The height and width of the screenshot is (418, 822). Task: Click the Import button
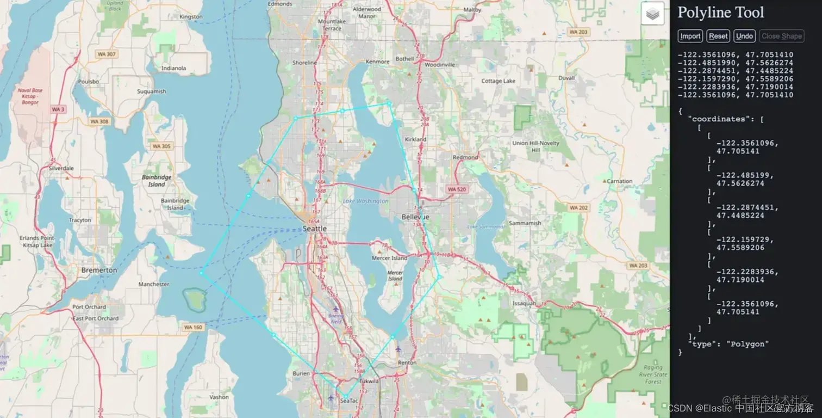pos(690,36)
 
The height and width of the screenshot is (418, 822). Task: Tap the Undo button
pos(744,36)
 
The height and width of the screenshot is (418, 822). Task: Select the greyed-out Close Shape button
pos(781,36)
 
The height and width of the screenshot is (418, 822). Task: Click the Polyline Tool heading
pos(720,13)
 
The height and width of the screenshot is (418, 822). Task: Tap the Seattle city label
pos(314,229)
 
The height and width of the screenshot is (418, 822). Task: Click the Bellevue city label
pos(415,217)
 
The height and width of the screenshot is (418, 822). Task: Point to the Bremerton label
pos(99,270)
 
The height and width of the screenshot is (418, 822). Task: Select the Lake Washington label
pos(365,201)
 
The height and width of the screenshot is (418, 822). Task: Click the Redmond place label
pos(465,157)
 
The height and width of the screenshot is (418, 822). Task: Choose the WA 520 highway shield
pos(456,189)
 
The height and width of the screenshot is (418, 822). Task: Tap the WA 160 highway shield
pos(193,327)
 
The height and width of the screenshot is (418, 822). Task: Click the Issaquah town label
pos(524,303)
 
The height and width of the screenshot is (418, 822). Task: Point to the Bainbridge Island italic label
pos(157,181)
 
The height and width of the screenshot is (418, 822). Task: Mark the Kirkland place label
pos(415,139)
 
